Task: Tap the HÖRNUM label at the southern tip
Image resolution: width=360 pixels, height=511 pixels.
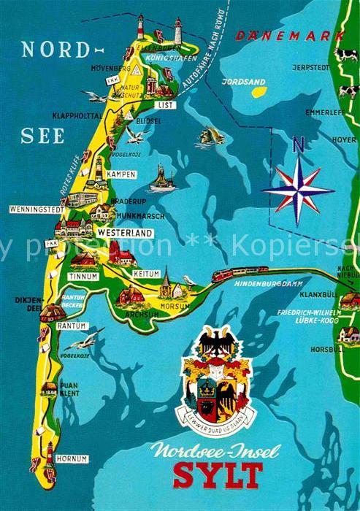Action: click(74, 459)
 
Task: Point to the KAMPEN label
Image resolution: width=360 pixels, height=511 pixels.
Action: click(120, 174)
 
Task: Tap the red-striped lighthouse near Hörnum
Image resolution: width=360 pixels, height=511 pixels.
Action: click(49, 453)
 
